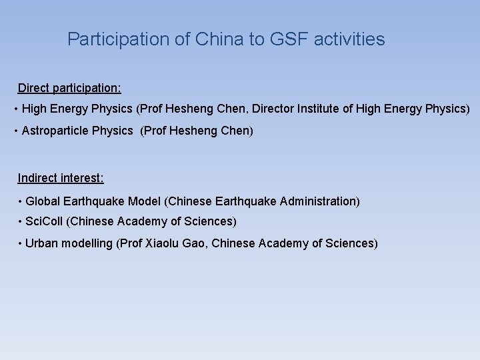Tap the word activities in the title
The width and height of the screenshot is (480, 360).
click(351, 39)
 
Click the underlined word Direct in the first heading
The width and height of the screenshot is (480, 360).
click(33, 88)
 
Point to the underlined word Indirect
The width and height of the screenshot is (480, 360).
click(37, 178)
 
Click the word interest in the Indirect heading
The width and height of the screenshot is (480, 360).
click(82, 178)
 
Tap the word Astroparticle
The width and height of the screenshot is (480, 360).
click(55, 131)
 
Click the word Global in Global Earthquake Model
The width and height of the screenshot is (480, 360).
click(42, 201)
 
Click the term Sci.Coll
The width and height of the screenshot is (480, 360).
click(44, 221)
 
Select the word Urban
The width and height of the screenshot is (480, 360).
click(41, 243)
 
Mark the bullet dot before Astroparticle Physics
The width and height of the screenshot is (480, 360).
click(16, 131)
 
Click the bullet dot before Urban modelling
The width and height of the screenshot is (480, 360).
click(20, 243)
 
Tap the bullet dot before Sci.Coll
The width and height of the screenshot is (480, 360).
click(20, 221)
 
